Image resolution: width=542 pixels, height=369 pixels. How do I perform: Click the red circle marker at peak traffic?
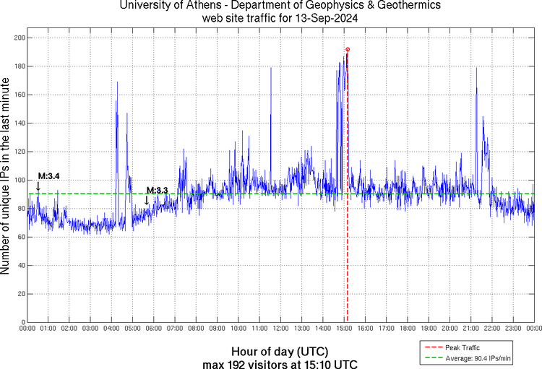(x=348, y=50)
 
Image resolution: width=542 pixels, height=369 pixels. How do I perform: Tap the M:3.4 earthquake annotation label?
(x=49, y=176)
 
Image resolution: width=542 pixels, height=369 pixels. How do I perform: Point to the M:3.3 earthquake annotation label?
(x=158, y=191)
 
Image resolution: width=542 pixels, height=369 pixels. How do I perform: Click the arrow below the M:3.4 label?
(x=38, y=187)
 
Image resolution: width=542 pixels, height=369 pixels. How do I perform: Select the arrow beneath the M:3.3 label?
(x=147, y=201)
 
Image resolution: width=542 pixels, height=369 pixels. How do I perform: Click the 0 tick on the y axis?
(x=22, y=322)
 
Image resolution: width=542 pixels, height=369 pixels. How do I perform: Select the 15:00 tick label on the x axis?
(x=344, y=329)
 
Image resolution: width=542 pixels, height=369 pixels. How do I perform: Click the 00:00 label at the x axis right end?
(x=533, y=329)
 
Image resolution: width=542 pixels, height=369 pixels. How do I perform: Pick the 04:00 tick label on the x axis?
(x=111, y=329)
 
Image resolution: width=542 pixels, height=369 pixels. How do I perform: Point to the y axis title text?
(x=7, y=178)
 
